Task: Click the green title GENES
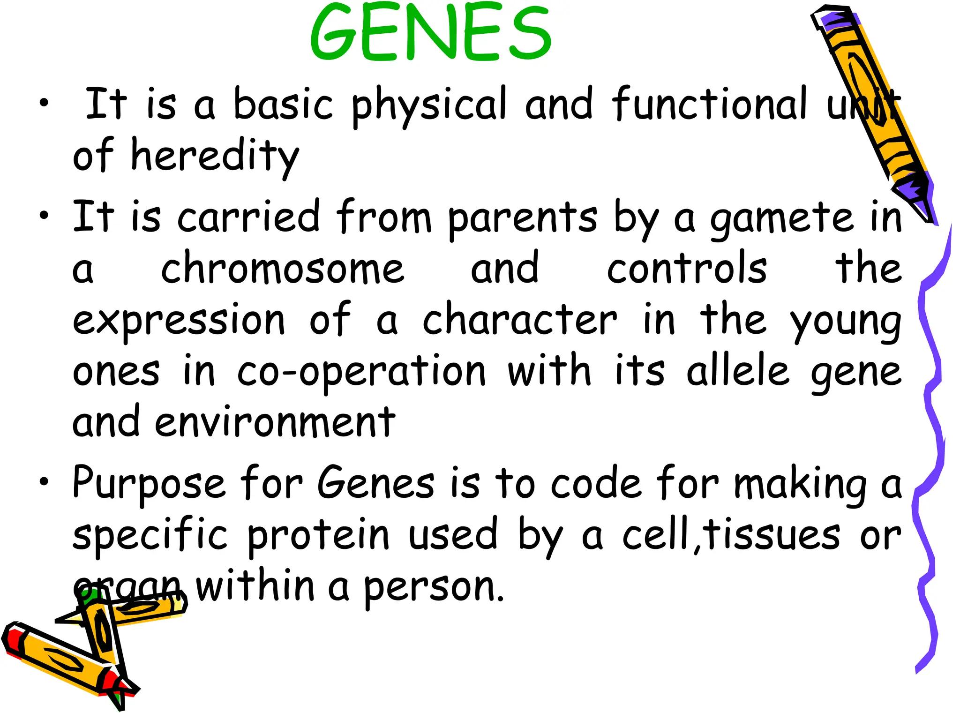(430, 33)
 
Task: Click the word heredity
(215, 156)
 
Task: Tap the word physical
(429, 105)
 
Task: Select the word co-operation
(361, 372)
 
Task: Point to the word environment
(275, 422)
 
